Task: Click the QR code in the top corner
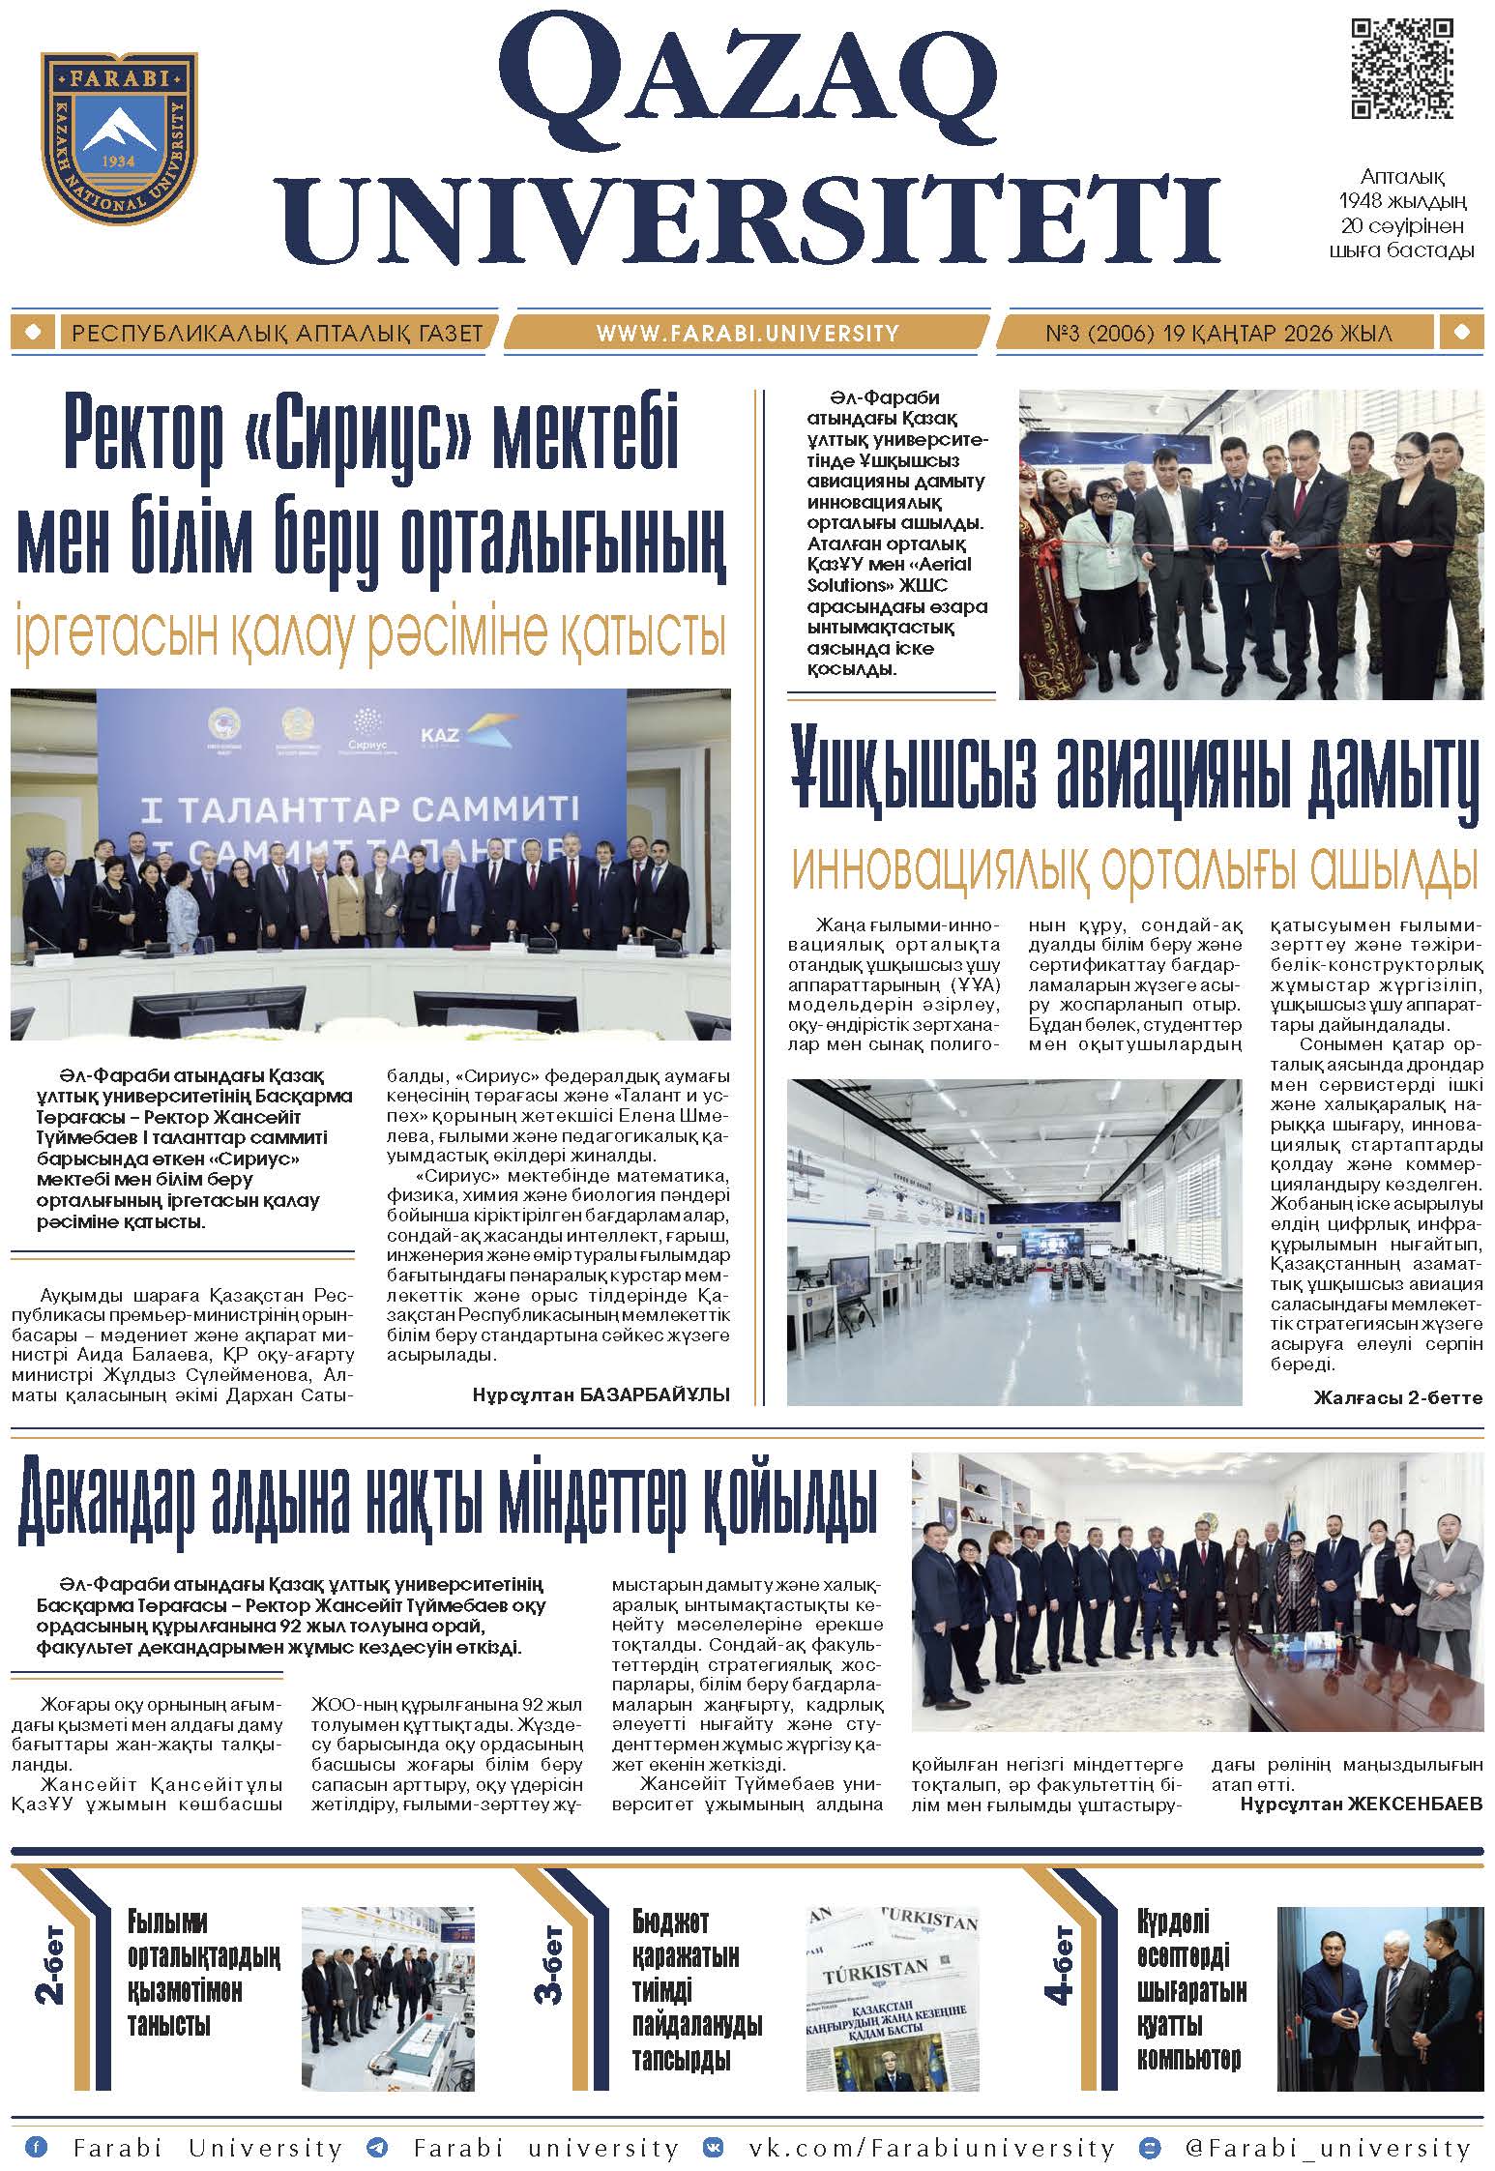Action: point(1400,70)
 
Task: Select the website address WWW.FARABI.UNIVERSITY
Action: point(747,334)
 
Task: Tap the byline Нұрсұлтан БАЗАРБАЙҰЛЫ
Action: point(601,1394)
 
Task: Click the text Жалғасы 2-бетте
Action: point(1397,1397)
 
